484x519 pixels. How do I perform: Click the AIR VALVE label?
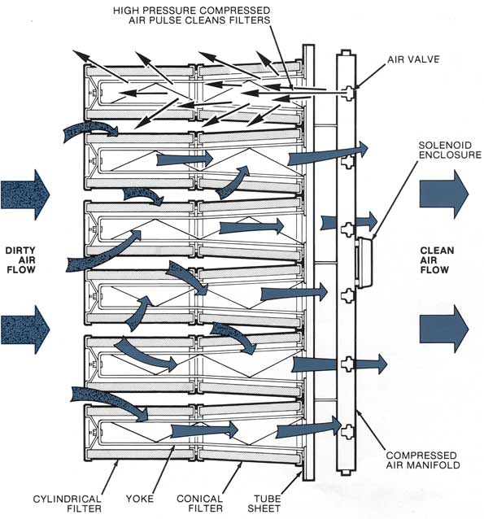click(413, 59)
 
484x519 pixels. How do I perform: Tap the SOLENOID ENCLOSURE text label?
click(450, 150)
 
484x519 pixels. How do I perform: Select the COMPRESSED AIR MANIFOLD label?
click(423, 460)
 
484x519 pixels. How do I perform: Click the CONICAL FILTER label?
click(199, 503)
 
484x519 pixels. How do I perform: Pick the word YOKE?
click(139, 499)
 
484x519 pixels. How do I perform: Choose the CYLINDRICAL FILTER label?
click(68, 503)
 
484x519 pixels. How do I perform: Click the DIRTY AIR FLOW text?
click(20, 259)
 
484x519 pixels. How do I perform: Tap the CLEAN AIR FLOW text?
click(437, 259)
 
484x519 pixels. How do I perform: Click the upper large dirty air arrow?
click(25, 194)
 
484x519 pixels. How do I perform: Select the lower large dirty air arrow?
click(25, 329)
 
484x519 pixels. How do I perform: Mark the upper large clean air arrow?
click(444, 194)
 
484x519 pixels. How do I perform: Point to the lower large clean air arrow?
click(444, 329)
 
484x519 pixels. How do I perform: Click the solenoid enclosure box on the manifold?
click(364, 263)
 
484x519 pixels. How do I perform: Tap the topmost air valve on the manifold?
click(347, 93)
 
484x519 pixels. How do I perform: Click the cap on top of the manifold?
click(346, 52)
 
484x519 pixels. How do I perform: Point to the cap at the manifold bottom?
click(346, 473)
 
